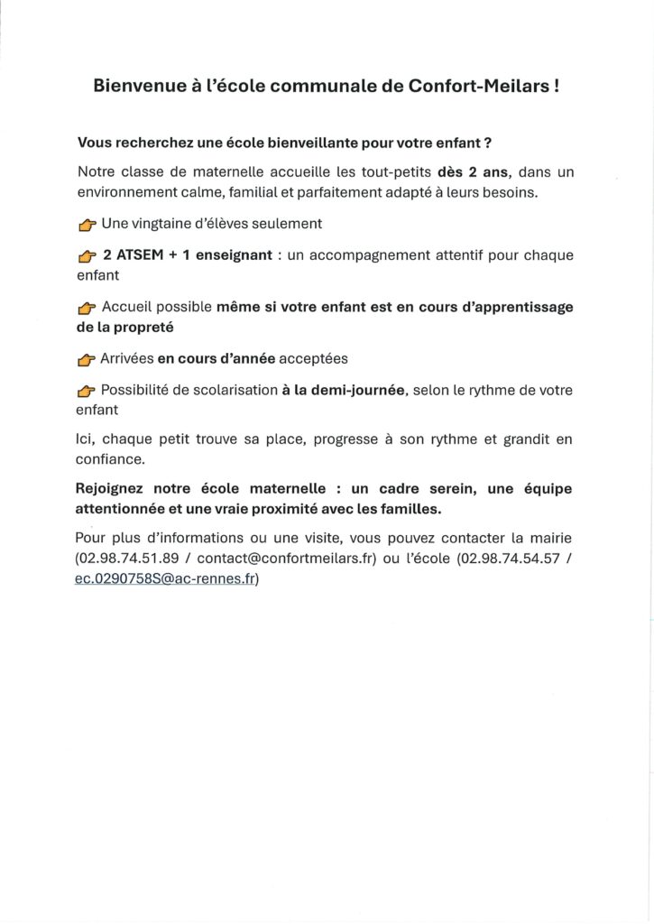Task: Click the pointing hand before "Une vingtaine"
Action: pos(87,223)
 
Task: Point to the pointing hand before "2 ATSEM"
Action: pos(87,257)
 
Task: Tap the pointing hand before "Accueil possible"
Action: pos(87,309)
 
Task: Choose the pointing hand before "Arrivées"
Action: pos(87,360)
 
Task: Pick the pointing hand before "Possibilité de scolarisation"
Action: pos(87,392)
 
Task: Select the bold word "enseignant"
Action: pos(229,255)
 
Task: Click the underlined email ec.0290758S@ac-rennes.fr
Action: pos(165,580)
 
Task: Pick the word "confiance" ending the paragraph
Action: pos(110,459)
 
